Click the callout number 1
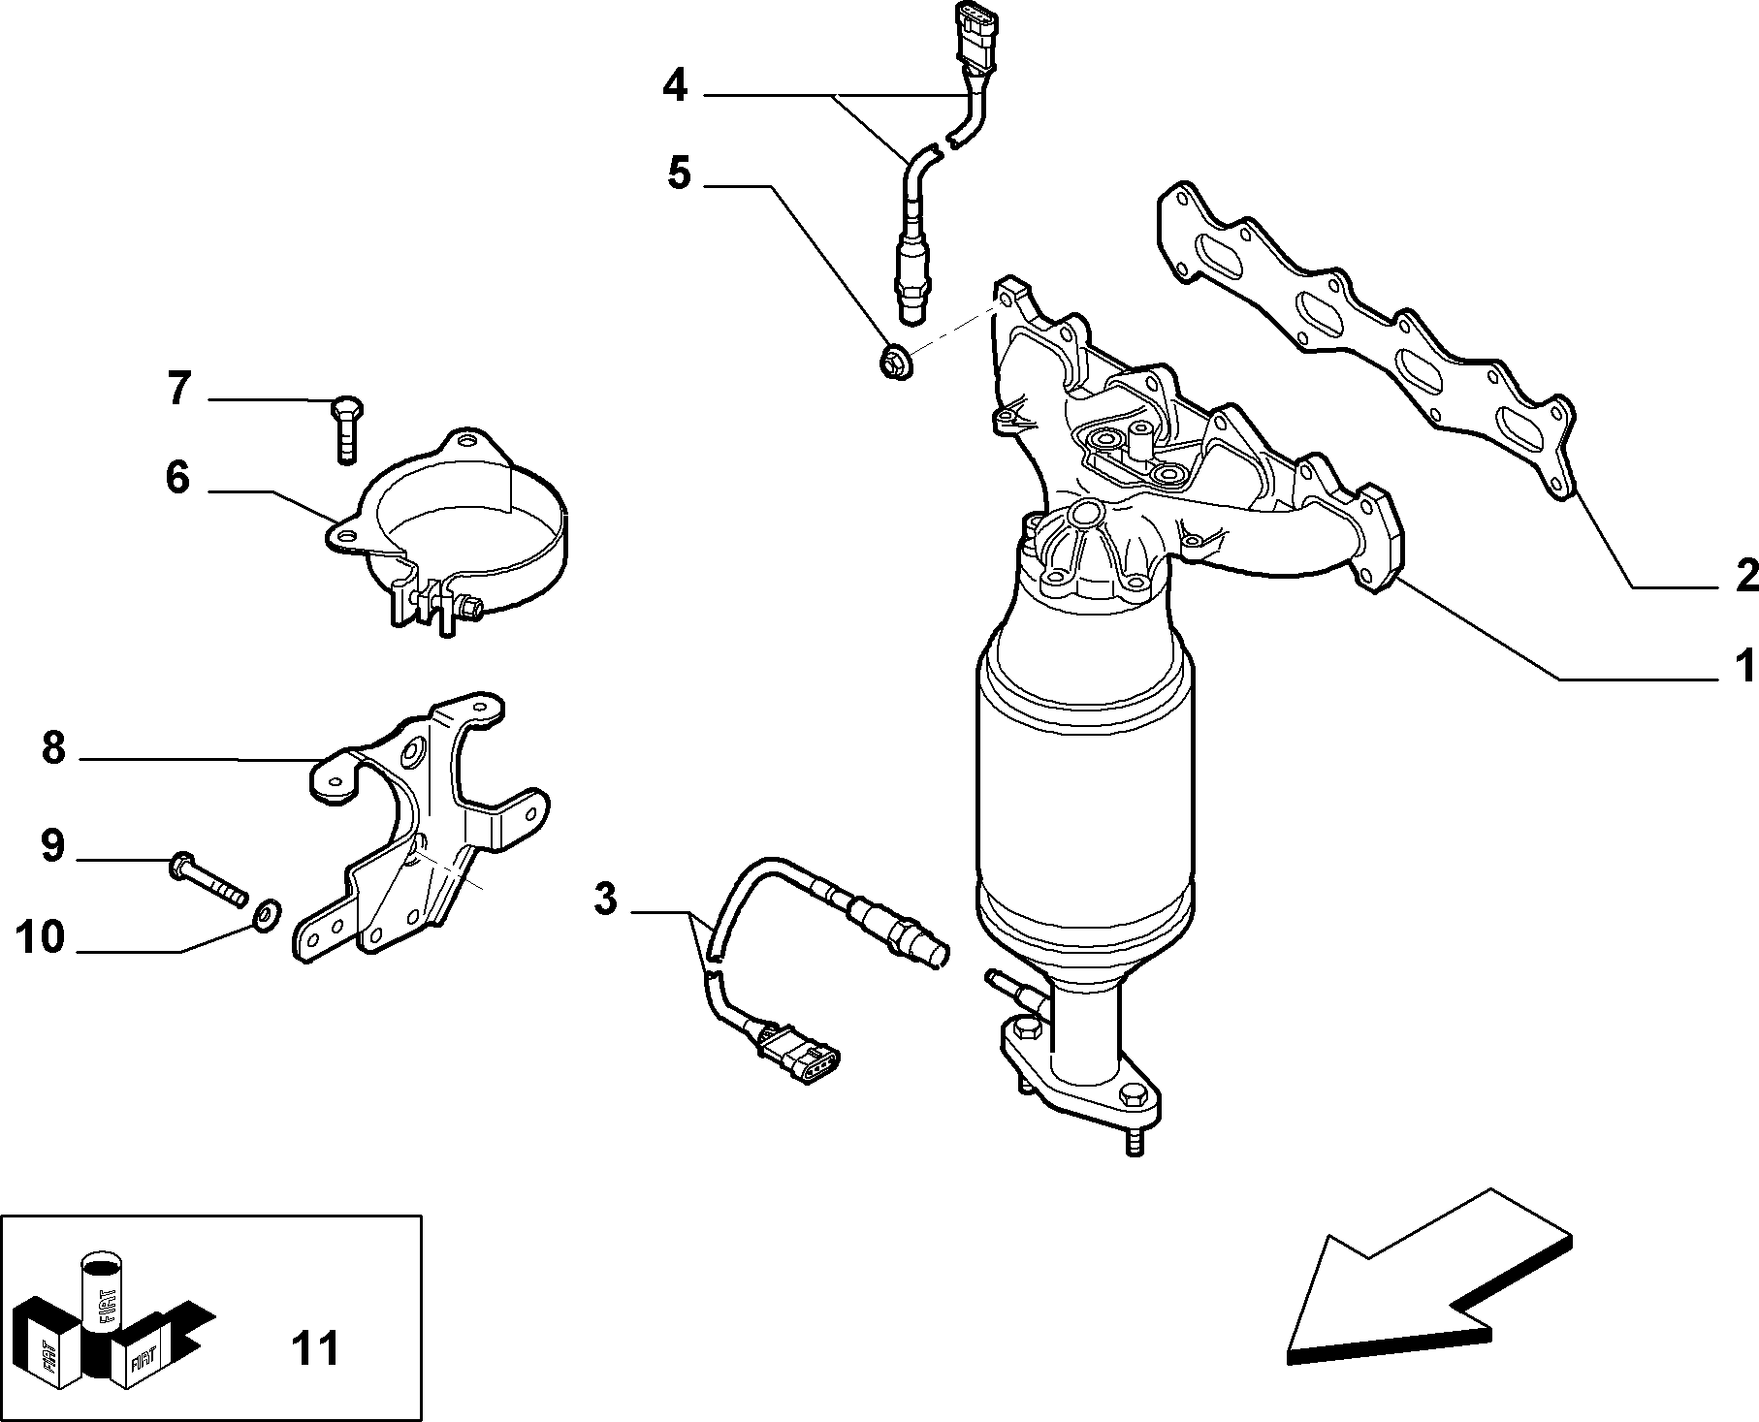(x=1743, y=666)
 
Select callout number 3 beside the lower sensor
(x=605, y=899)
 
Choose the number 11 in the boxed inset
(x=315, y=1347)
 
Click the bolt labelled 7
(x=345, y=430)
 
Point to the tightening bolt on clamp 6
(x=469, y=609)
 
